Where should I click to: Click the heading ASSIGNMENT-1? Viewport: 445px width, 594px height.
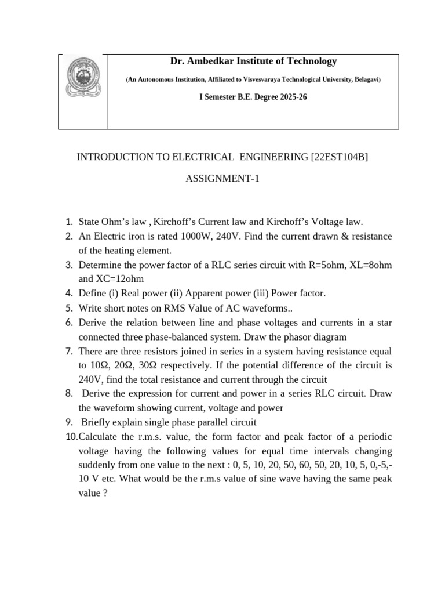coord(222,179)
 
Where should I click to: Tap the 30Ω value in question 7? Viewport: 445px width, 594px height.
coord(150,365)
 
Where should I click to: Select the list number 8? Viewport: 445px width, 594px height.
coord(68,394)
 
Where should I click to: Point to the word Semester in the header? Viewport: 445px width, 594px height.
coord(221,97)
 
